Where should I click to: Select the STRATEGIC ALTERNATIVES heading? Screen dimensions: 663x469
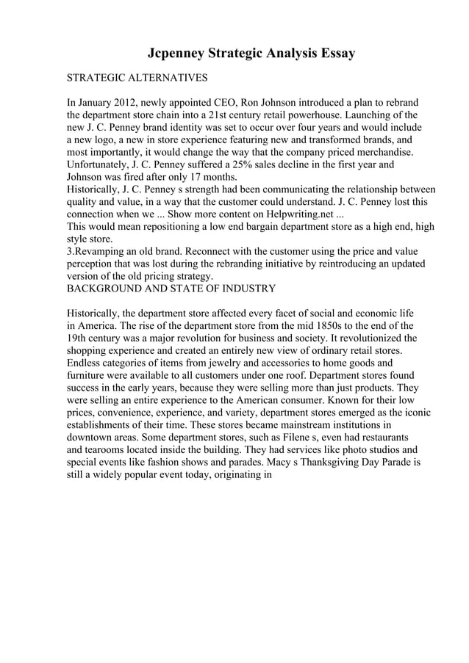(137, 77)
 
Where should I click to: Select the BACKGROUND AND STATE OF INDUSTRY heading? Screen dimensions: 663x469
(171, 289)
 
